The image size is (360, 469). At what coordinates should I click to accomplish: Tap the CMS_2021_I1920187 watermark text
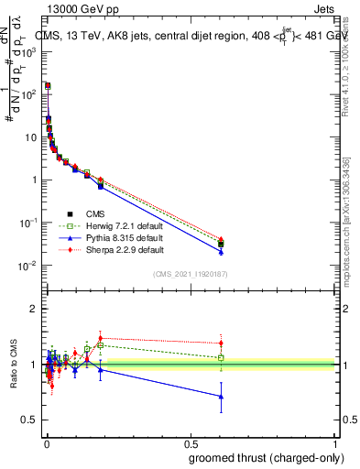(190, 274)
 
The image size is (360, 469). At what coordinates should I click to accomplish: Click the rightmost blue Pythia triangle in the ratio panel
(221, 397)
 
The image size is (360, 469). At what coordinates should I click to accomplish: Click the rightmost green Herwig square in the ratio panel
(221, 357)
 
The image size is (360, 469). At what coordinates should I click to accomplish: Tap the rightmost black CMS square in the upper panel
(221, 245)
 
